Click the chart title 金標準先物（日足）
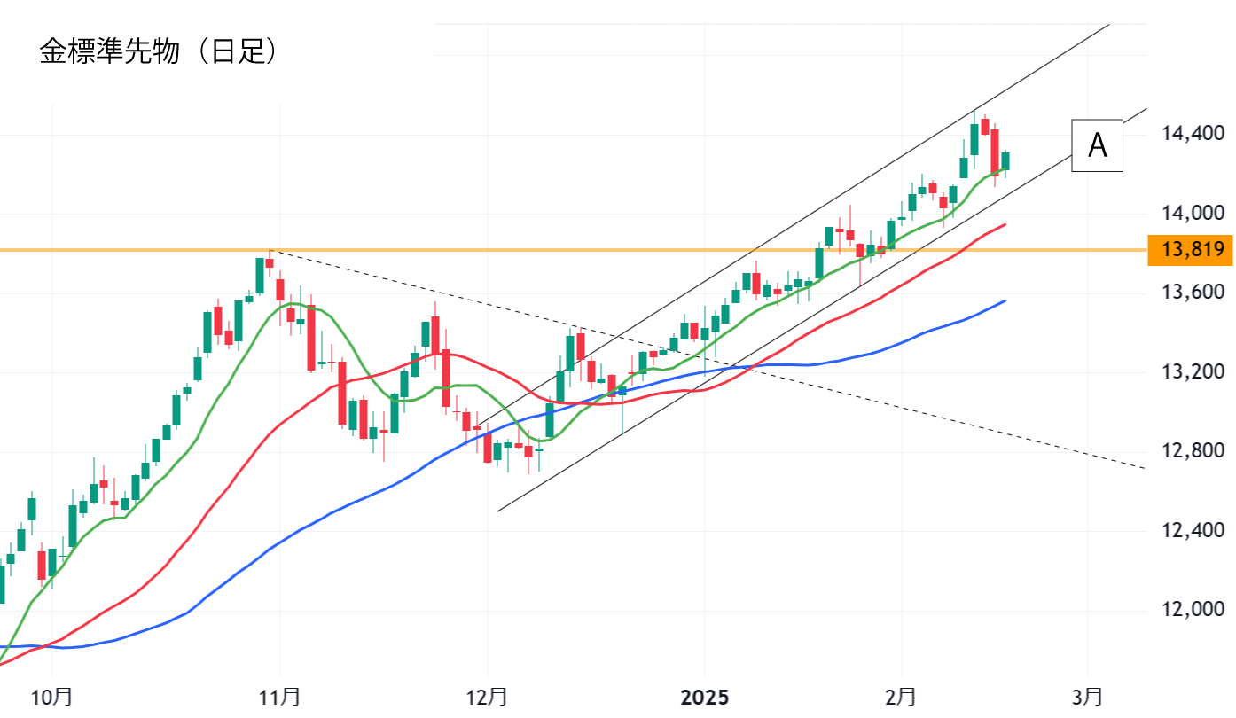coord(160,51)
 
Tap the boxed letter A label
coord(1097,145)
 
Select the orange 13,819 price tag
coord(1191,251)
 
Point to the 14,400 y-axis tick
coord(1193,134)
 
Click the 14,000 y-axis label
coord(1193,213)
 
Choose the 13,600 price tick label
coord(1193,292)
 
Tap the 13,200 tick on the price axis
coord(1193,371)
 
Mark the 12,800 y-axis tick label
coord(1193,451)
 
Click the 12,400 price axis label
coord(1193,530)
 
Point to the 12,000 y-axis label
coord(1193,610)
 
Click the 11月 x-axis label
coord(280,697)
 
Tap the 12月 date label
coord(488,697)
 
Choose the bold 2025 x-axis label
coord(705,697)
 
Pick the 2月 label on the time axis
coord(901,697)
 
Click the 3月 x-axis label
coord(1088,697)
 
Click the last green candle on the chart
coord(1005,160)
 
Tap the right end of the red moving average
coord(1004,225)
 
